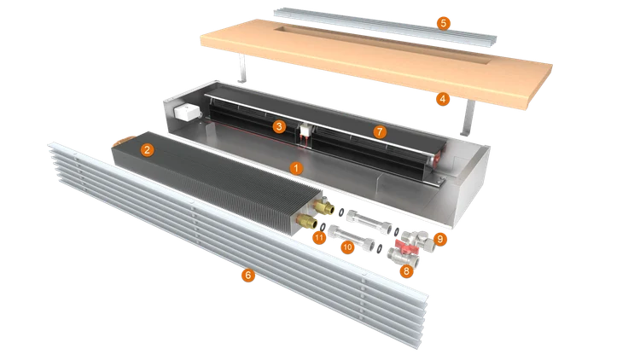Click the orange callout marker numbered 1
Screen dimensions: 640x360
[296, 168]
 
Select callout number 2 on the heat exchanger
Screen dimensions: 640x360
[147, 150]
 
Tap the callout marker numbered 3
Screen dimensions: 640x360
[279, 126]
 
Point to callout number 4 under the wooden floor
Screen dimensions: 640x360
[442, 99]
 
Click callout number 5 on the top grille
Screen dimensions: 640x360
[443, 23]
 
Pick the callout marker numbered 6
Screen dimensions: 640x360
[247, 276]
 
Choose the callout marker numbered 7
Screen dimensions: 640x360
[380, 132]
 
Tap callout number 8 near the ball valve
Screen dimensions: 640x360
[406, 271]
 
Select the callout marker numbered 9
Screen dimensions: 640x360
[439, 239]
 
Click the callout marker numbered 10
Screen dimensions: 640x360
[347, 247]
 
